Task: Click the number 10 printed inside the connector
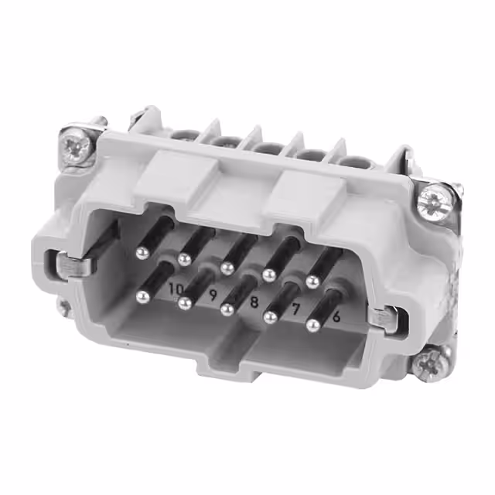tap(176, 288)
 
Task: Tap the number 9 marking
tap(212, 295)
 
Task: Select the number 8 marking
tap(253, 302)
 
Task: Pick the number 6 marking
tap(336, 316)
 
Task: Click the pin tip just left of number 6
tap(313, 326)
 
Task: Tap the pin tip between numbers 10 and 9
tap(184, 302)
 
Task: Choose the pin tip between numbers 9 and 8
tap(227, 309)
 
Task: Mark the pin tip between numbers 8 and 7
tap(271, 317)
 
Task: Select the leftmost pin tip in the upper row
tap(142, 252)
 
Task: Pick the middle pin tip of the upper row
tap(227, 267)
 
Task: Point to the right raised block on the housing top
tap(300, 190)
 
